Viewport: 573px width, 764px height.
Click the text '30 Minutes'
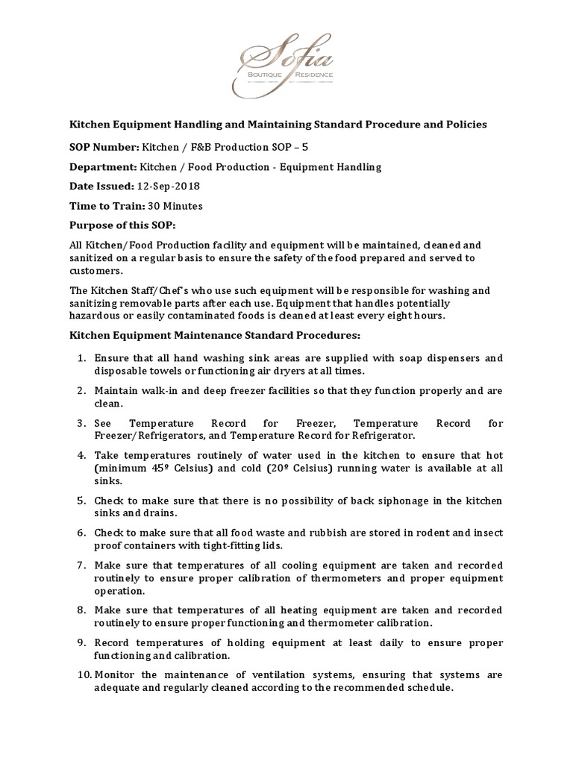[176, 206]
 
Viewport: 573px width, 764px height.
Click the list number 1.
[83, 358]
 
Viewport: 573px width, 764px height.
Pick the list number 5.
[83, 500]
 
